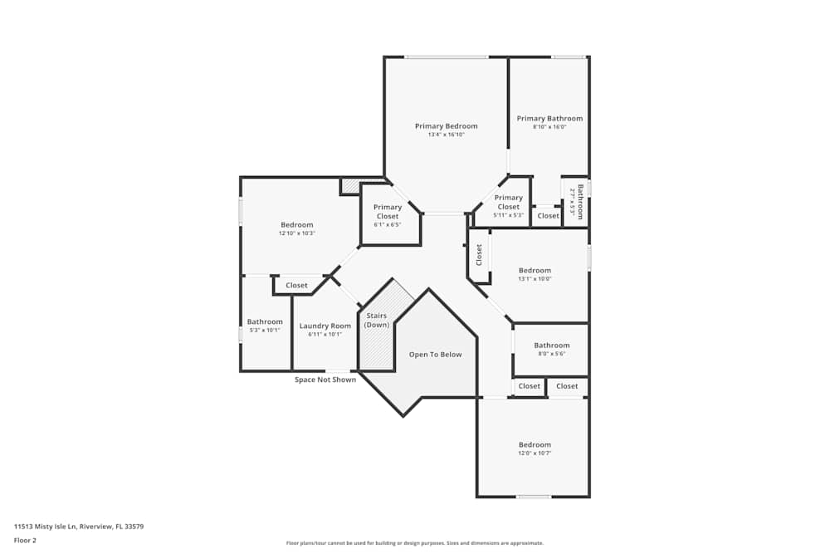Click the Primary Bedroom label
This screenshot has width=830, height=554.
coord(447,126)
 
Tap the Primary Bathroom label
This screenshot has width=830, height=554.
coord(549,119)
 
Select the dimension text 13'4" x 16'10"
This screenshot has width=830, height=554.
coord(447,135)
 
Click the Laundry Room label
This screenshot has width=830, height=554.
coord(325,326)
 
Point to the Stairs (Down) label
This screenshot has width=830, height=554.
coord(376,321)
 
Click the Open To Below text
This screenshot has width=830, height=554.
coord(435,355)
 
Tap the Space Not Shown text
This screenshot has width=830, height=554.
coord(325,380)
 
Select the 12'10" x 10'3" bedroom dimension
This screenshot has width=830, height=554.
coord(296,233)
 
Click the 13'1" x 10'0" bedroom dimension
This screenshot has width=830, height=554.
coord(535,279)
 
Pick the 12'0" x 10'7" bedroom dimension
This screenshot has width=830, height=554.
coord(535,453)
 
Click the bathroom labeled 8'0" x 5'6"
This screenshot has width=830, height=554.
coord(551,346)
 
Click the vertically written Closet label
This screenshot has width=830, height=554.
coord(479,255)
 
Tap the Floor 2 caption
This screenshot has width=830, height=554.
coord(26,540)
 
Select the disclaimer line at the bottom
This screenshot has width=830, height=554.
coord(414,543)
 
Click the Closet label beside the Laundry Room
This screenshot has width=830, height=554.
coord(296,286)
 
